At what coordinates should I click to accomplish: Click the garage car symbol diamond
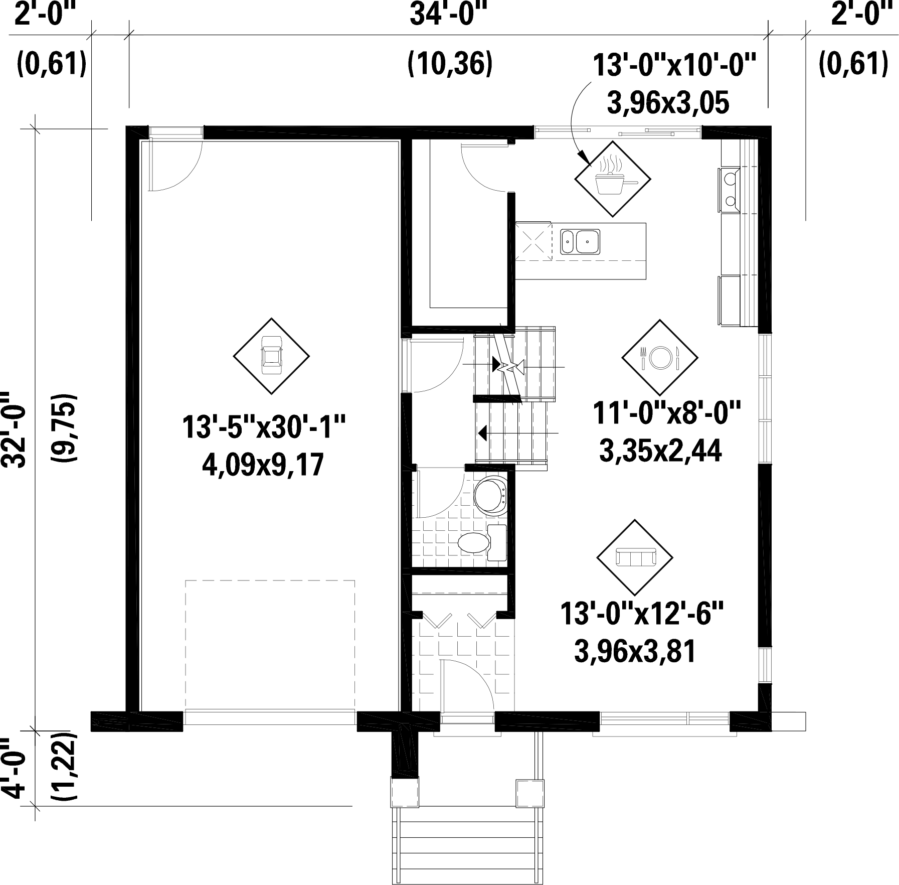tap(271, 356)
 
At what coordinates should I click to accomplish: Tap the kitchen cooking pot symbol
tap(612, 179)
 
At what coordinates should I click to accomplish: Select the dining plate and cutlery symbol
tap(659, 357)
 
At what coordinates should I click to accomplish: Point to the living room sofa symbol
tap(635, 557)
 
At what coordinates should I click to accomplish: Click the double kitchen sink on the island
tap(580, 241)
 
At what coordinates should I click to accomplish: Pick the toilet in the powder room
tap(491, 496)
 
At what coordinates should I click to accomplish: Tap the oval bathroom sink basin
tap(474, 542)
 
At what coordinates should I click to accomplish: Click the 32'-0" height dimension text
tap(15, 429)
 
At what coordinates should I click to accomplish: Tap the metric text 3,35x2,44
tap(660, 450)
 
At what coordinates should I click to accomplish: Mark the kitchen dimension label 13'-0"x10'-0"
tap(673, 65)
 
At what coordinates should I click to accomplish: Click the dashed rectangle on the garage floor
tap(270, 645)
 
